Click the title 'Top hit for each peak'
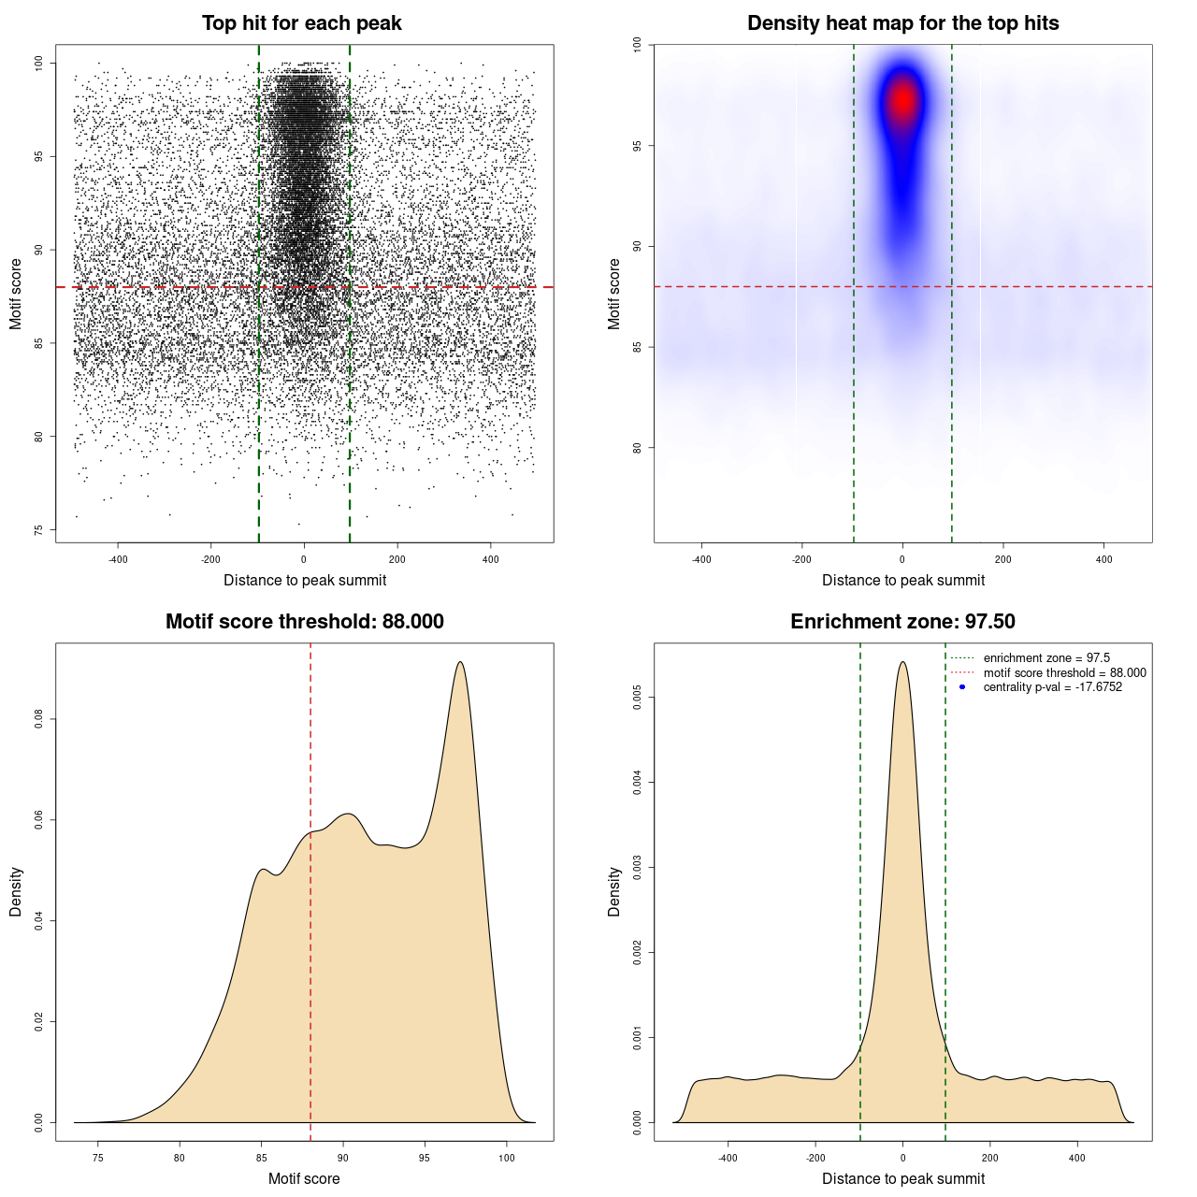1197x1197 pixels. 301,23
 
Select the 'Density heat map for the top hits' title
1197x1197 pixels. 902,23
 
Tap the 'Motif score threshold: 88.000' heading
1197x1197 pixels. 304,622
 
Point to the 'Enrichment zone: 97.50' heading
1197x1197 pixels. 902,622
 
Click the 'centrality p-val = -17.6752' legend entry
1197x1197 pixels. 1052,687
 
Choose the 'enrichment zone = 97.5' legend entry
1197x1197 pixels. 1046,658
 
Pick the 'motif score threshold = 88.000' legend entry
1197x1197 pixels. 1064,673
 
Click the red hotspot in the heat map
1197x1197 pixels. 902,99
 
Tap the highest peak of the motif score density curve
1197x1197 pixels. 460,662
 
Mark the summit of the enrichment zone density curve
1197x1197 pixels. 902,662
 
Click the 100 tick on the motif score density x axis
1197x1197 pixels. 507,1158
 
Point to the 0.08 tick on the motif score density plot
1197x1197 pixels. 38,719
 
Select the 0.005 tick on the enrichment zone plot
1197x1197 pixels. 637,697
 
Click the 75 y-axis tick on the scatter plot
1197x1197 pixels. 38,530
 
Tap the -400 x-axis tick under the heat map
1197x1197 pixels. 701,559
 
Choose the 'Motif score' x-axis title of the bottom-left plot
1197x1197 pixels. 304,1178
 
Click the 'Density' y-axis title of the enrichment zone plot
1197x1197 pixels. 614,891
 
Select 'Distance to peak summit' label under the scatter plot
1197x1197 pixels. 305,580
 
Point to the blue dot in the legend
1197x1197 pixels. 962,687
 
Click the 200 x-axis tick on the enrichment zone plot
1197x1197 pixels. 989,1158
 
